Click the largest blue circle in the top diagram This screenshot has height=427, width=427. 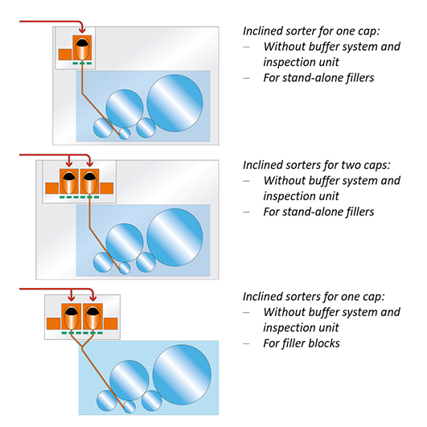(174, 103)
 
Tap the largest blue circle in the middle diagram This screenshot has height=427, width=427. (174, 237)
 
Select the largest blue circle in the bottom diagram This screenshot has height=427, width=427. (182, 375)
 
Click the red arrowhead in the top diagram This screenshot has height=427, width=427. (82, 31)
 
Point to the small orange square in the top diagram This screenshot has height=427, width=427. (65, 55)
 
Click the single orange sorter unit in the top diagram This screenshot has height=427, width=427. (82, 47)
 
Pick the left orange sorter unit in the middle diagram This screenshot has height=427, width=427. (69, 182)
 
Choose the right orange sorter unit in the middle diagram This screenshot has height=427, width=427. (89, 182)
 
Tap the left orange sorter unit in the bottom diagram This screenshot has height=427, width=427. (71, 317)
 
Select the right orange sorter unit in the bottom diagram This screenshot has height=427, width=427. (92, 317)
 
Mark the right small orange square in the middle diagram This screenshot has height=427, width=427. (107, 188)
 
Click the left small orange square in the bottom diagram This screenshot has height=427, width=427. (53, 323)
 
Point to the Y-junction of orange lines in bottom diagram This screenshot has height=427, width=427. (82, 347)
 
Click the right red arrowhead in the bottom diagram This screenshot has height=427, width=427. (92, 298)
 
